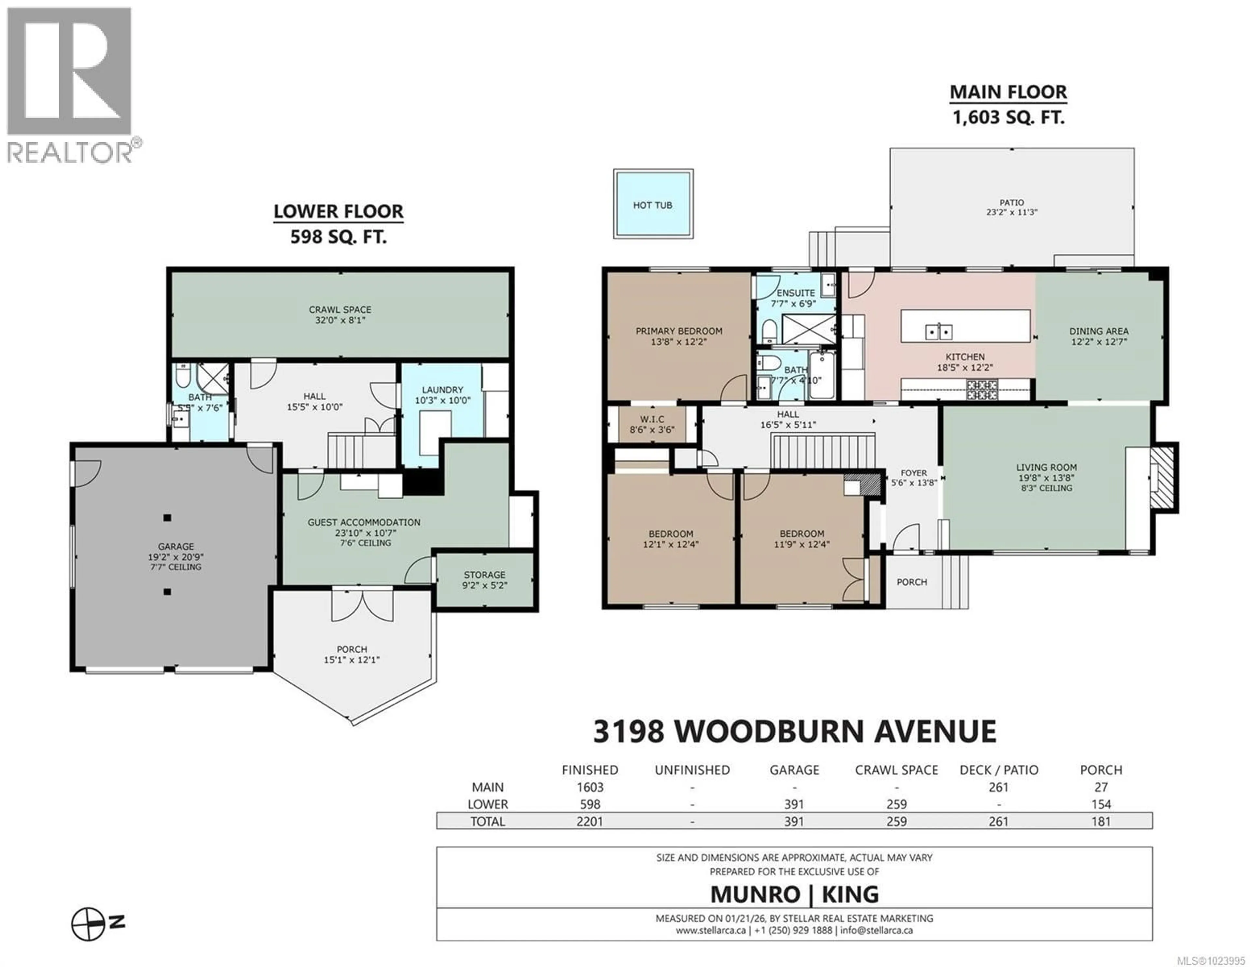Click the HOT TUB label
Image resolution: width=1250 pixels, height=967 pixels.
point(652,205)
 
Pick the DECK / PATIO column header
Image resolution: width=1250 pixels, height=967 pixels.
point(999,770)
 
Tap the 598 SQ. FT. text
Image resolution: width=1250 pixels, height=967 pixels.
point(338,236)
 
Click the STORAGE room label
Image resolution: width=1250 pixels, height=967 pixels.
point(484,574)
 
